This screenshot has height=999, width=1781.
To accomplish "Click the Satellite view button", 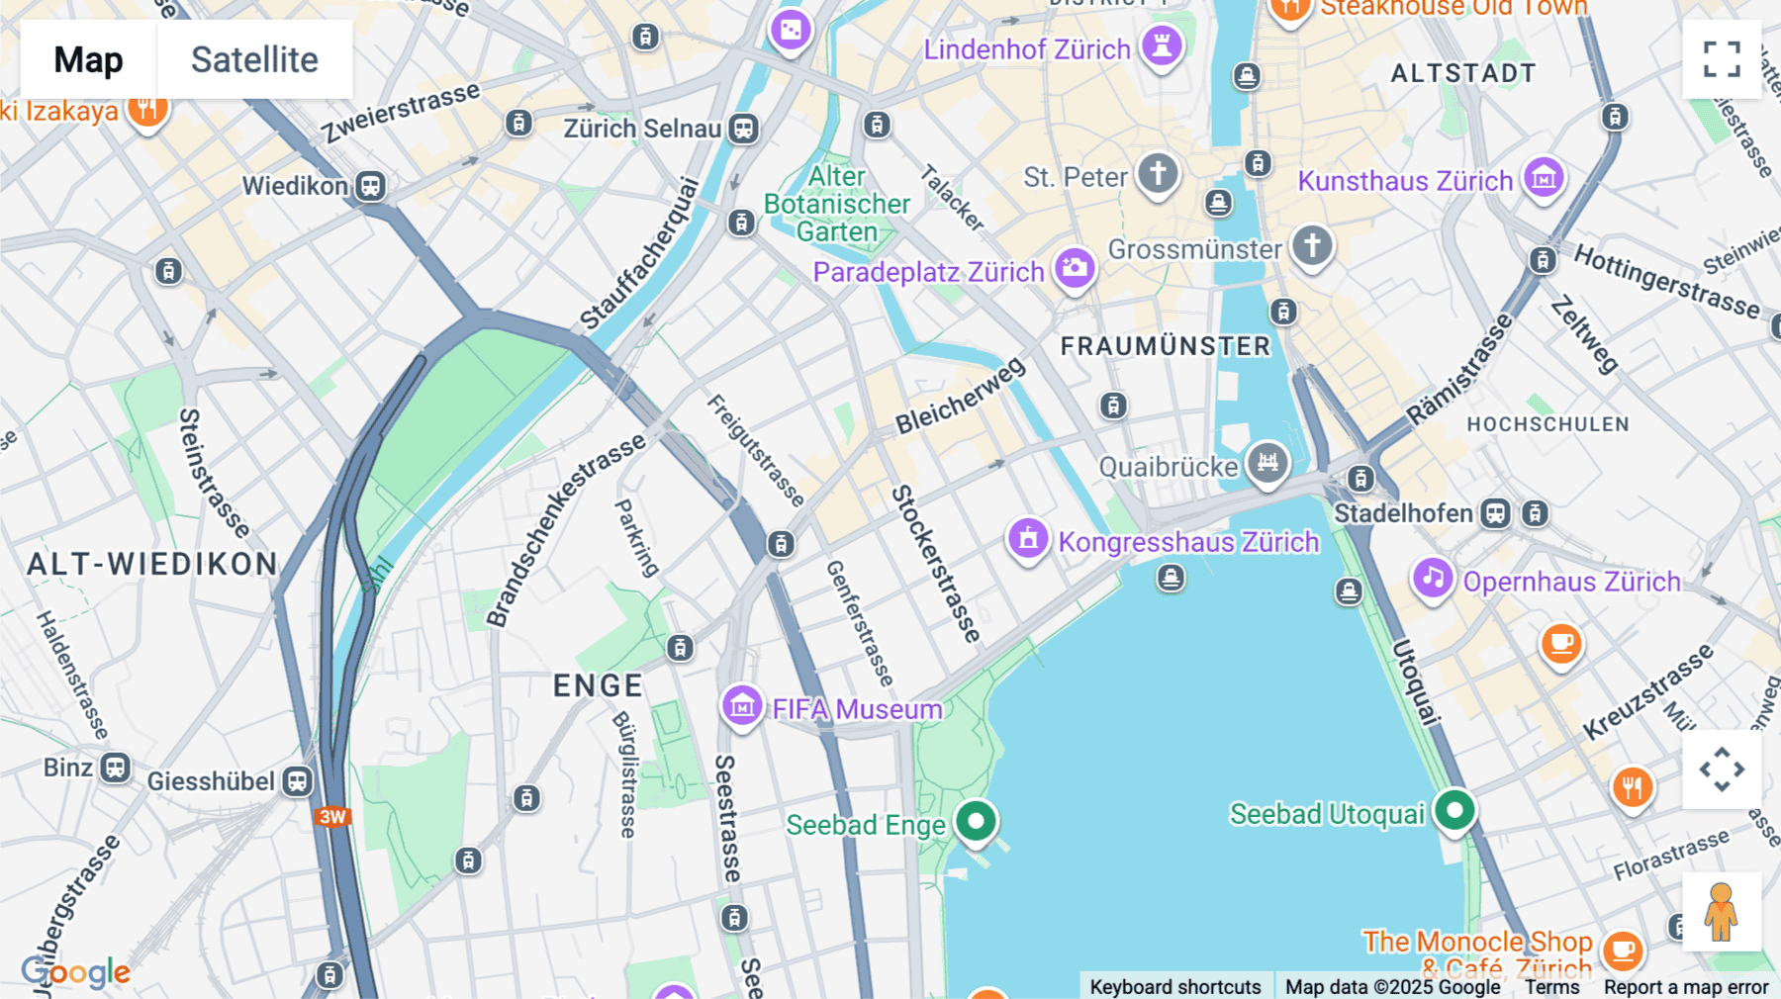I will click(254, 59).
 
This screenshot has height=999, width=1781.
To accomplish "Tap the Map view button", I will click(88, 59).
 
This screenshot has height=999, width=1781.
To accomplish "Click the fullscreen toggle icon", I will click(1722, 59).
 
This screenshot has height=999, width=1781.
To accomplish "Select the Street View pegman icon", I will click(1721, 912).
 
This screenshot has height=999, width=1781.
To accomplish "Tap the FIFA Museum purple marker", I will click(742, 706).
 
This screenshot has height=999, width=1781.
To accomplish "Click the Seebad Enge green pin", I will click(977, 821).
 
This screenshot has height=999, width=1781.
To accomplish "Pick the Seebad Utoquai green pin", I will click(1454, 811).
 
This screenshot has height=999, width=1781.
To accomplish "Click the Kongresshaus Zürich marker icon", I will click(1028, 539).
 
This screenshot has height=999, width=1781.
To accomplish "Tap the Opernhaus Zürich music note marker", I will click(1433, 578).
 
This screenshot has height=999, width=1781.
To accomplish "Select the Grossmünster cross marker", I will click(1312, 244).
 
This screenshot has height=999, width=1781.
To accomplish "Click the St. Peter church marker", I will click(1158, 173).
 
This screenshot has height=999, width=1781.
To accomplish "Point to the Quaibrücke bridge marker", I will click(1267, 462).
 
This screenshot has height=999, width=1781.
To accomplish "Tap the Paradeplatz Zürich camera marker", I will click(1075, 268).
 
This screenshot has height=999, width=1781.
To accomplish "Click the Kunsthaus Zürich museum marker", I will click(1544, 178).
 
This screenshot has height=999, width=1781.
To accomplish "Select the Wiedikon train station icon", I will click(370, 186).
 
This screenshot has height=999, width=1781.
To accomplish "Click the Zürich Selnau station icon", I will click(743, 129).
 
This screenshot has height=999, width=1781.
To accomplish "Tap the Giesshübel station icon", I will click(297, 781).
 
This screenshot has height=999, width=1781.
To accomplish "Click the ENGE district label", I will click(598, 685).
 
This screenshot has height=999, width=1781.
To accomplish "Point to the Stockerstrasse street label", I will click(935, 564).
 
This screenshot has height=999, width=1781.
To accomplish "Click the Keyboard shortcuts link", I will click(1174, 986).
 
